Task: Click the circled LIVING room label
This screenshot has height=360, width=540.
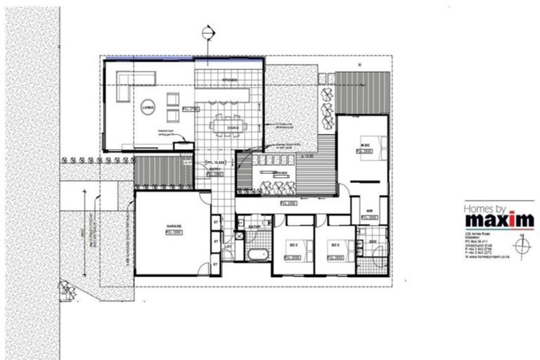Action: (148, 107)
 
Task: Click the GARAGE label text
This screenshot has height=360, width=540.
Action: (174, 226)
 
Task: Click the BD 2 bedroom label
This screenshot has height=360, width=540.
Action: (293, 245)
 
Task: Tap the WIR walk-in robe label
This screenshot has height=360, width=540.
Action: (369, 210)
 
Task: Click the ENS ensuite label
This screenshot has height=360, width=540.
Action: (373, 240)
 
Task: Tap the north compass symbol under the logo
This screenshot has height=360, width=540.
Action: (521, 247)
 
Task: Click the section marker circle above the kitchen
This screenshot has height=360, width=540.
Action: (207, 32)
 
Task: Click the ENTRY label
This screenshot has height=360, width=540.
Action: (214, 169)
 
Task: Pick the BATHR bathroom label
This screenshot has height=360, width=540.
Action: (255, 227)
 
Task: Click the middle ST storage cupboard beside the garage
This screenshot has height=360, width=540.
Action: (215, 243)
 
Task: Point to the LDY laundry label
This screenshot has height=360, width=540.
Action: (229, 247)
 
